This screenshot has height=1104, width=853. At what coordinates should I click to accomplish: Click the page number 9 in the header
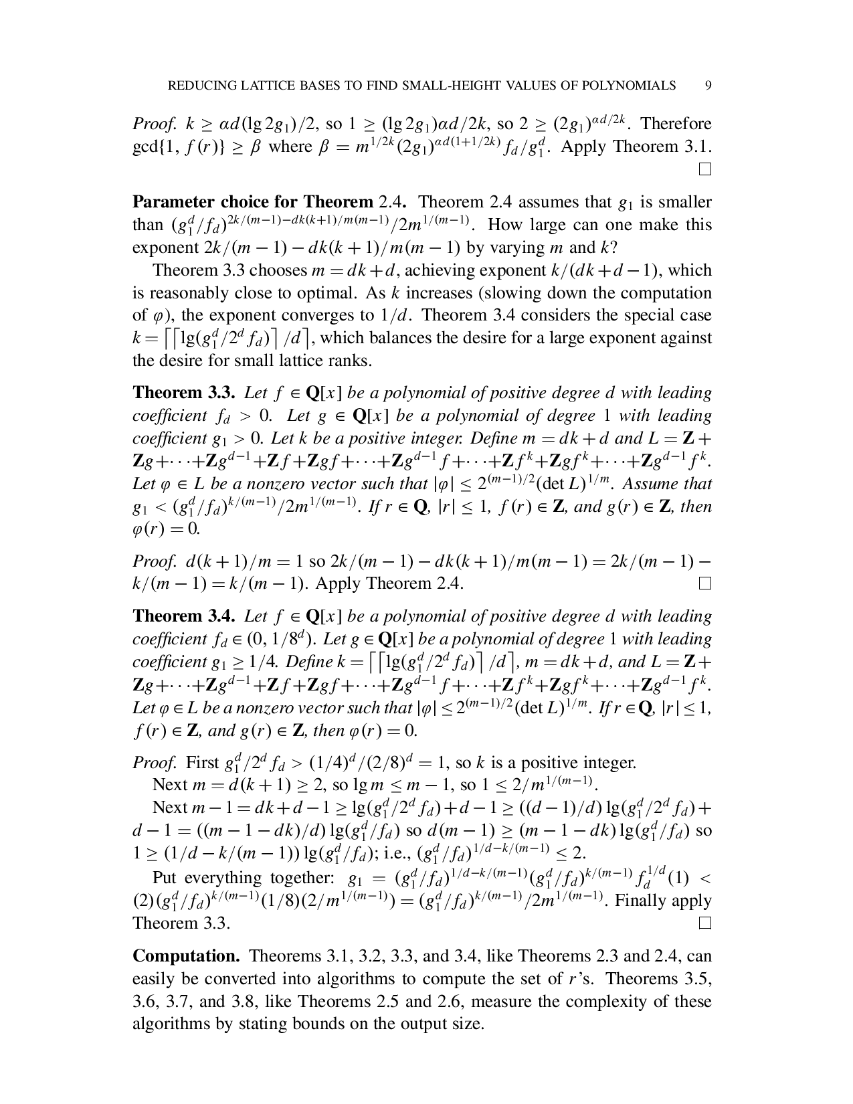point(708,86)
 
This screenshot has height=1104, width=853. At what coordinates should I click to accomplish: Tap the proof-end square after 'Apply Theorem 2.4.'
point(704,584)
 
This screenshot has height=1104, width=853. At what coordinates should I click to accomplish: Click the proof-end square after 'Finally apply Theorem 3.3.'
point(704,924)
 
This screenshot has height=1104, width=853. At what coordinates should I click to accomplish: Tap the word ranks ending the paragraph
point(353,361)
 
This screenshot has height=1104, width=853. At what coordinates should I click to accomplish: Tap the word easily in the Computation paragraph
point(155,979)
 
